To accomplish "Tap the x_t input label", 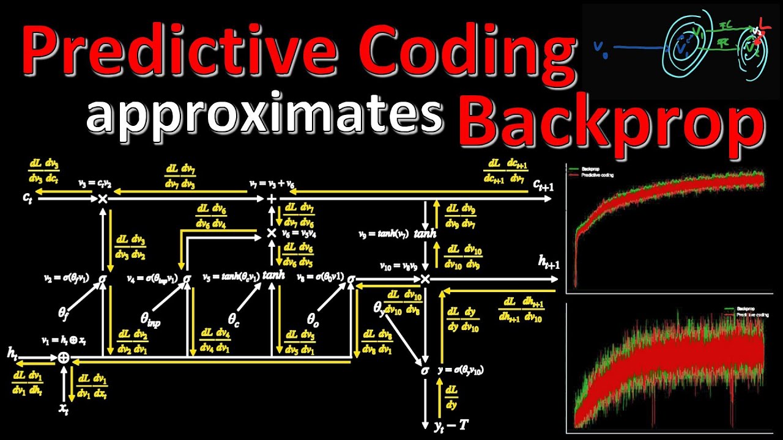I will [x=64, y=410].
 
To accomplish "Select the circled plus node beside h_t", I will [x=64, y=358].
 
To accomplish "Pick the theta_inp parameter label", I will [x=150, y=318].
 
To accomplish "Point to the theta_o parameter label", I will [x=313, y=318].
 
